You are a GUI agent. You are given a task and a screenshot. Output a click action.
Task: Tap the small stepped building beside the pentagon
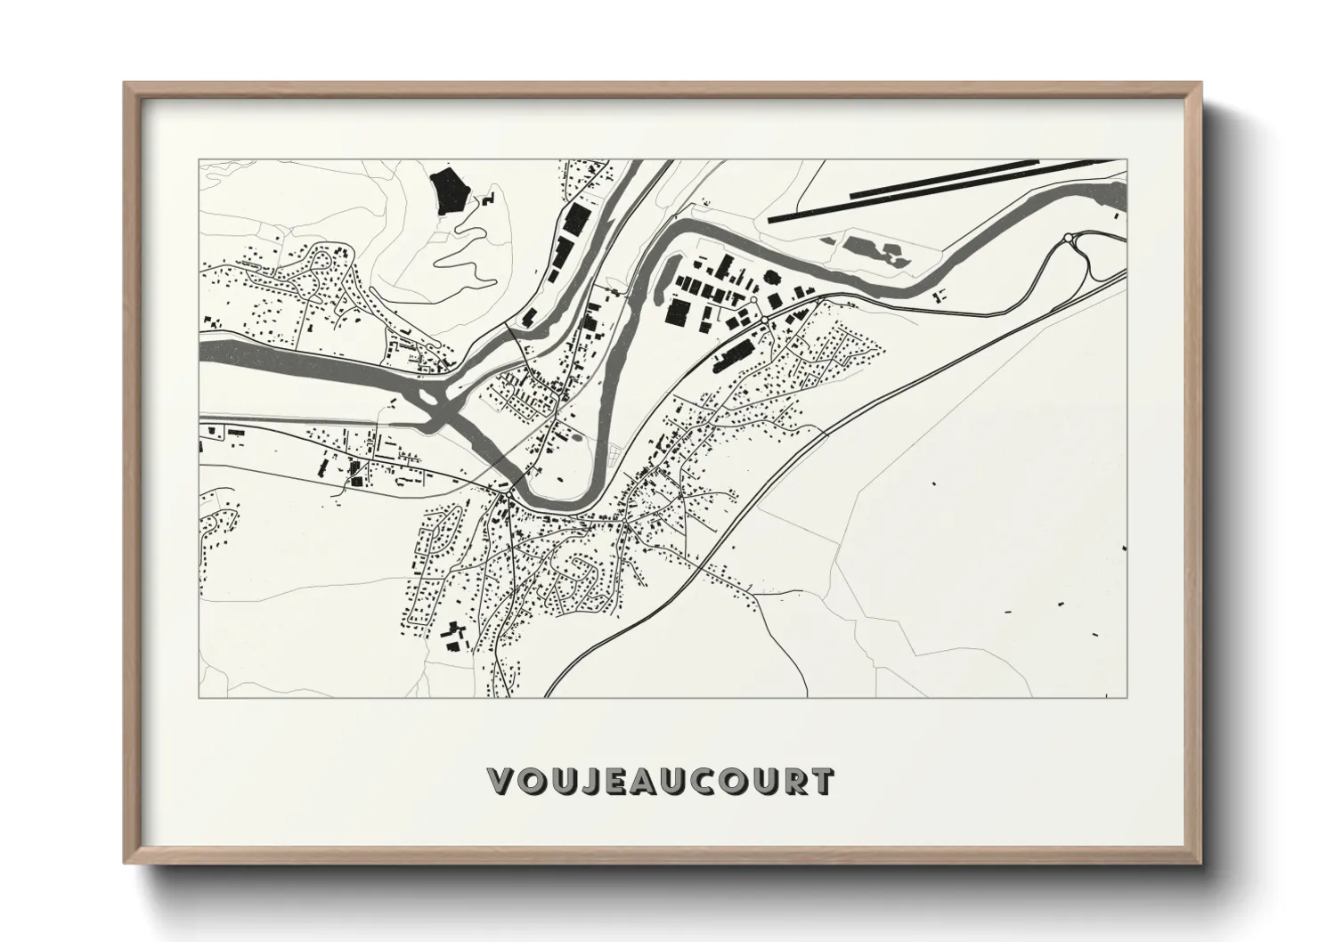[x=488, y=199]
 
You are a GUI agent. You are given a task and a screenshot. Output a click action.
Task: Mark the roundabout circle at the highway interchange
[x=1068, y=238]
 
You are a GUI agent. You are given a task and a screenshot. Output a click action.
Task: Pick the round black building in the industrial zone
[x=774, y=277]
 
